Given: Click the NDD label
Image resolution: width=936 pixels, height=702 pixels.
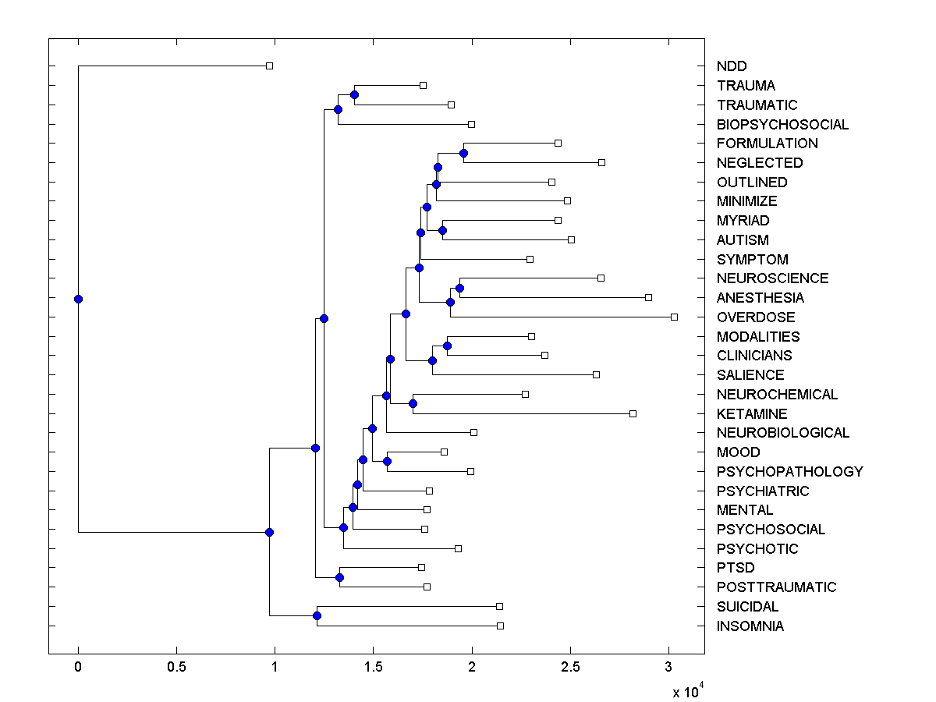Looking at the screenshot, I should [x=731, y=66].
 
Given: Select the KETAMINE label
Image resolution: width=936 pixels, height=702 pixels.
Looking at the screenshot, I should [x=752, y=413].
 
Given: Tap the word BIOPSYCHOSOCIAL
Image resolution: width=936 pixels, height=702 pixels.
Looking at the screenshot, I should [x=782, y=124].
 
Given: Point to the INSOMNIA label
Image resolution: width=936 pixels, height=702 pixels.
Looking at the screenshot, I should [x=750, y=626].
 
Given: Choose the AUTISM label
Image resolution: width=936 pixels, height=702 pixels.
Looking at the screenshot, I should [x=743, y=240].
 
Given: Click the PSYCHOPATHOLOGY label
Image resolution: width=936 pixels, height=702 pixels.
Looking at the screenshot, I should [x=789, y=471].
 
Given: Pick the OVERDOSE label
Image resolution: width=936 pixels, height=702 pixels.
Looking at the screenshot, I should [x=756, y=317].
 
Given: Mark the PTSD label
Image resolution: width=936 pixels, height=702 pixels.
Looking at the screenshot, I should [x=736, y=568].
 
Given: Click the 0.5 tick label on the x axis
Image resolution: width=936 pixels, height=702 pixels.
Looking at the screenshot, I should [x=176, y=666].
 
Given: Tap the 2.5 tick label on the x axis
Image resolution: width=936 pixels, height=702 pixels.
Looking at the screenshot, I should [x=570, y=666].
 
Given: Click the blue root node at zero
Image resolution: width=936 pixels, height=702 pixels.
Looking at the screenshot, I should [x=78, y=299].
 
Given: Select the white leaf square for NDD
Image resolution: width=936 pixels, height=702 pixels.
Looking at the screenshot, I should [x=269, y=66].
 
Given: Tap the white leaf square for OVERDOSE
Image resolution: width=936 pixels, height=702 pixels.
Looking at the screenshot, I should [x=674, y=317].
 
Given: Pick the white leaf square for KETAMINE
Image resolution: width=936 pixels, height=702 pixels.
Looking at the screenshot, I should [x=633, y=413].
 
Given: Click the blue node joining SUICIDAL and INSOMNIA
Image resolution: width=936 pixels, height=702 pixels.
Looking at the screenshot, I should [x=317, y=616].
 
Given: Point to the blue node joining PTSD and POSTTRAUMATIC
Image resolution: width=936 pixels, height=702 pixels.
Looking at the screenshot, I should [x=339, y=577].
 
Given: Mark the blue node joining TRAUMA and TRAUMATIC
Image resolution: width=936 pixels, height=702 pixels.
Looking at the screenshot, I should [x=354, y=94].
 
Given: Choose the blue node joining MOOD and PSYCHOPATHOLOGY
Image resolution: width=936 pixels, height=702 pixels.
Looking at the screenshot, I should [x=387, y=461].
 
